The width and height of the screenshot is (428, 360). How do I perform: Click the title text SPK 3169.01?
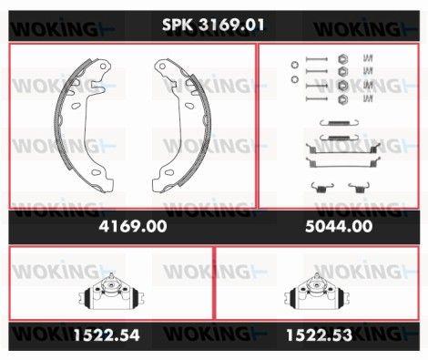[213, 25]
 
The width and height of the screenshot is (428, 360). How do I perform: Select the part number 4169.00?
[133, 226]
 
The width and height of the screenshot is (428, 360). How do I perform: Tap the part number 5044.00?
[339, 226]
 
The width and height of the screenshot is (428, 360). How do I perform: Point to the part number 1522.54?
[107, 335]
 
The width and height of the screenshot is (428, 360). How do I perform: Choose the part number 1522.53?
[320, 335]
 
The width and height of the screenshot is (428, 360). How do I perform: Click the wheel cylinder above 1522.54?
[111, 292]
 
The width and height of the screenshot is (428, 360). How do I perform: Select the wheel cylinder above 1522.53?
[317, 292]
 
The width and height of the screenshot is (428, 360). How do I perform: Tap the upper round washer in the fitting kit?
[294, 65]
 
